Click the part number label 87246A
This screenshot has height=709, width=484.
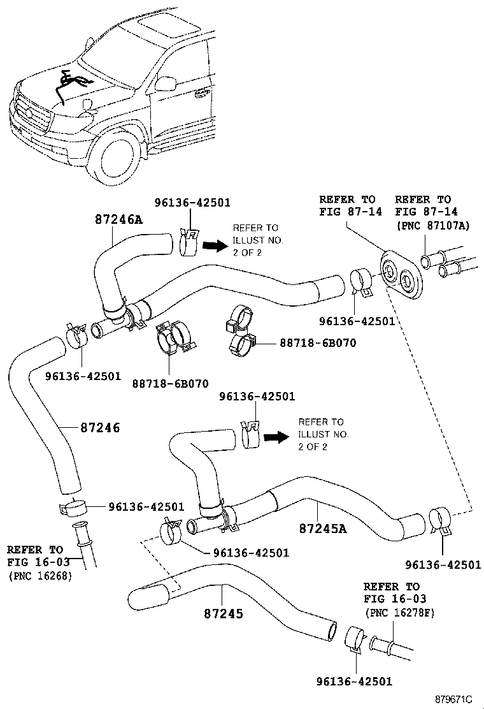coord(118,219)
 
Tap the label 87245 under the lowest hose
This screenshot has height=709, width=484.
coord(224,613)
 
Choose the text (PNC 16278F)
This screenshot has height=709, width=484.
coord(399,613)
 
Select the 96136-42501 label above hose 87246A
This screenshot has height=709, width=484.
coord(193,203)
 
